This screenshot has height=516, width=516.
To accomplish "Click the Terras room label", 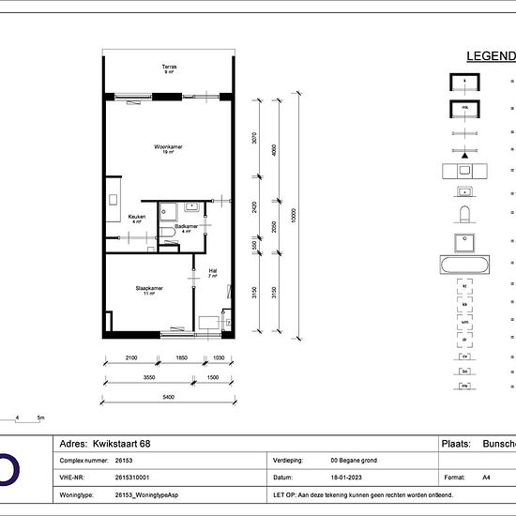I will pos(169,68).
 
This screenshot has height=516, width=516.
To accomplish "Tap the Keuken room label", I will pos(136,217).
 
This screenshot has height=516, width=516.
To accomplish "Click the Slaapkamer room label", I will pos(148,289).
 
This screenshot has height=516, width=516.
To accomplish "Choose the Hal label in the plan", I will pos(213,271).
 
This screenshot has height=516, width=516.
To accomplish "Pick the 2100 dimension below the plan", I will pos(130,357).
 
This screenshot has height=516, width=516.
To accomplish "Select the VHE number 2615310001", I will pos(131,477).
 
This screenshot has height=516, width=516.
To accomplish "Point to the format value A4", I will pos(486,477).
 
